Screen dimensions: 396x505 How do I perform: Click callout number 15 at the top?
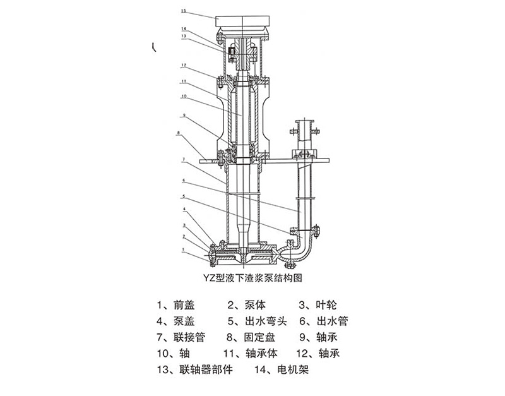click(182, 11)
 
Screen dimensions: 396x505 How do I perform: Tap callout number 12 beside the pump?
click(182, 65)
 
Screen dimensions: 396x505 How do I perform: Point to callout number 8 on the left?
click(179, 133)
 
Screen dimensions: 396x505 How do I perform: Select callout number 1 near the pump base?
click(183, 249)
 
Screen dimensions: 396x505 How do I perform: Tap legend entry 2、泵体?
click(245, 303)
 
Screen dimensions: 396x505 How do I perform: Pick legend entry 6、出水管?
click(321, 320)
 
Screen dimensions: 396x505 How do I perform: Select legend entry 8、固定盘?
click(250, 337)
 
